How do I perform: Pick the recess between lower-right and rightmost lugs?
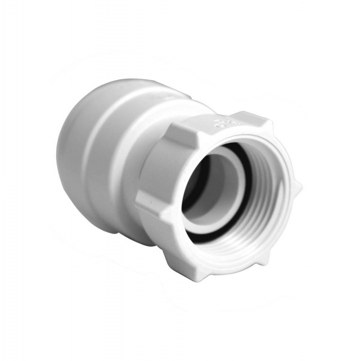[x=290, y=216]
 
